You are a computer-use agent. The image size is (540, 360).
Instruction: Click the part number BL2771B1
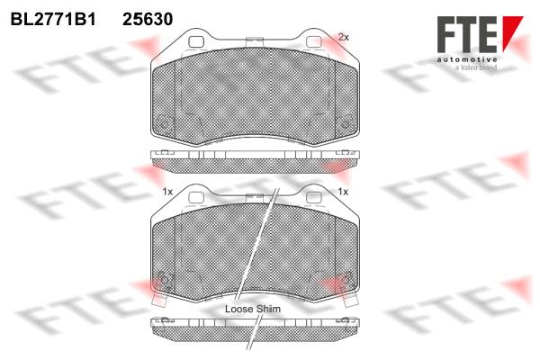[53, 19]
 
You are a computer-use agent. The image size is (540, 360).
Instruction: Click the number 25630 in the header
[148, 19]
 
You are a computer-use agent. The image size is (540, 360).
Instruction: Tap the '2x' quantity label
[344, 37]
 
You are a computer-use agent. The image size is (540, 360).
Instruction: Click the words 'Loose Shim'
[253, 309]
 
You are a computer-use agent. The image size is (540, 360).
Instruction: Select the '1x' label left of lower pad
[167, 192]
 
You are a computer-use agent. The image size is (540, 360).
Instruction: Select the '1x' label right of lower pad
[344, 192]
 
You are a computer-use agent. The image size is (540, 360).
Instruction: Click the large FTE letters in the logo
[467, 34]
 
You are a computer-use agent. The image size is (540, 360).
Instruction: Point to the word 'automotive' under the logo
[467, 60]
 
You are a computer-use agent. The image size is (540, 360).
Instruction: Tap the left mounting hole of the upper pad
[196, 42]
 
